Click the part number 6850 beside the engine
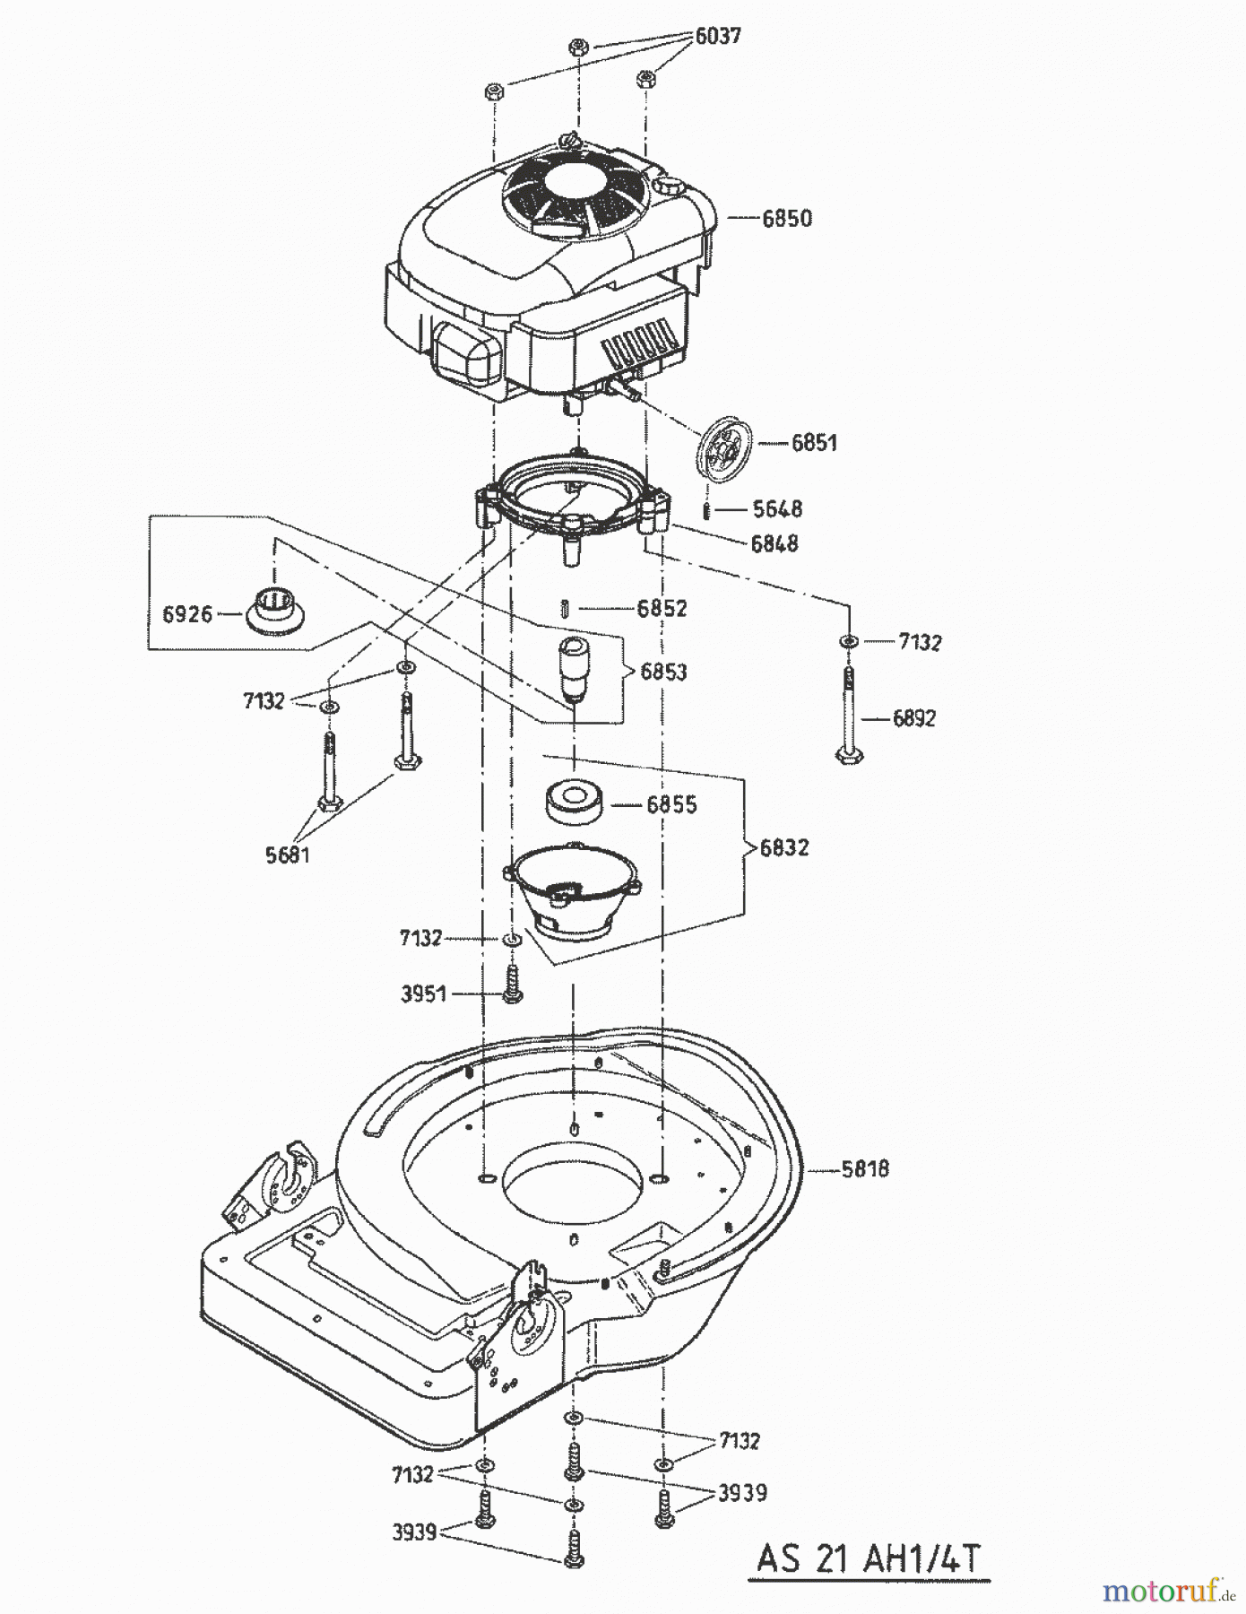[x=786, y=218]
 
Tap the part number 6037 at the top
[x=718, y=37]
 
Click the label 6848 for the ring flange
[x=774, y=543]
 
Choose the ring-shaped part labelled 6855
[x=574, y=800]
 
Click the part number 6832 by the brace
[x=783, y=847]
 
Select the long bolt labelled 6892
[x=848, y=717]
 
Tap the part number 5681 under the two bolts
[x=287, y=855]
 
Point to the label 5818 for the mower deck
[x=864, y=1168]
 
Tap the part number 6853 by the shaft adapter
[x=663, y=672]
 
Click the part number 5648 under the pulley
[x=777, y=509]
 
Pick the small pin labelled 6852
[x=565, y=607]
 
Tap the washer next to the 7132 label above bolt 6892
[x=847, y=642]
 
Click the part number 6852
[x=662, y=608]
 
